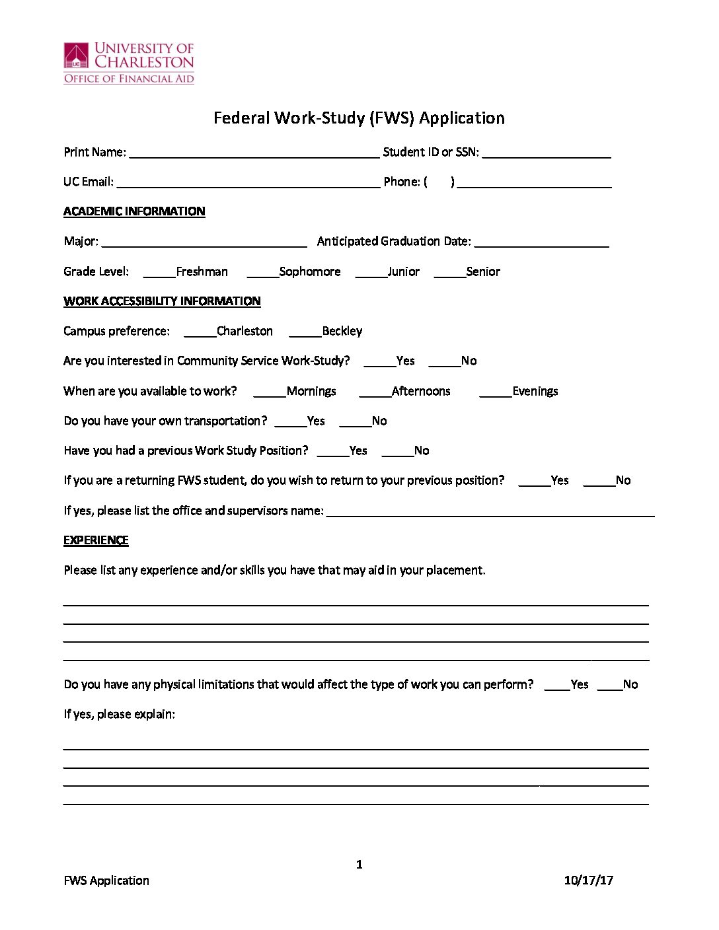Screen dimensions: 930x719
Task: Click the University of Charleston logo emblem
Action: click(76, 56)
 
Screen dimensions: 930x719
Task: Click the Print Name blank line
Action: click(254, 153)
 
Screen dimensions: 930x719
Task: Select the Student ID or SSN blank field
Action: click(547, 153)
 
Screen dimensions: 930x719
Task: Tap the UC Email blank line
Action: click(248, 183)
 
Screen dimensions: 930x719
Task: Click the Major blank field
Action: click(204, 242)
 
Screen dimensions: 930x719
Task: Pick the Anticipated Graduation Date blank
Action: click(541, 242)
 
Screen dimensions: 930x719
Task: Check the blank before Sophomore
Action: click(262, 273)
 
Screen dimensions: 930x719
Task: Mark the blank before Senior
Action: click(449, 273)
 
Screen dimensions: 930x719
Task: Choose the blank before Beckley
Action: click(305, 332)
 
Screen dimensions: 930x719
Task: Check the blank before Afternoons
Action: click(375, 392)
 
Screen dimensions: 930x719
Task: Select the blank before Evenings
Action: click(495, 392)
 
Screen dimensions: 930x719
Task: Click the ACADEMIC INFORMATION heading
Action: click(134, 211)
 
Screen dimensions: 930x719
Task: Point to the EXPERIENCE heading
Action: click(96, 540)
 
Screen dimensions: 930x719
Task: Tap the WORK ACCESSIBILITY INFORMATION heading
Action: click(162, 301)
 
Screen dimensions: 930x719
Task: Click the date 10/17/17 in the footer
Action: click(588, 880)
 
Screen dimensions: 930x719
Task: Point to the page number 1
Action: click(359, 865)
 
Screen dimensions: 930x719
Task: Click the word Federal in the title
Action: click(241, 118)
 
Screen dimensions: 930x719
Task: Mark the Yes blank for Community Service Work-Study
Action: click(379, 362)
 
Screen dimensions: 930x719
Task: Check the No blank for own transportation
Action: click(355, 422)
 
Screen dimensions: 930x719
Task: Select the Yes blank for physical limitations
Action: click(556, 686)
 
